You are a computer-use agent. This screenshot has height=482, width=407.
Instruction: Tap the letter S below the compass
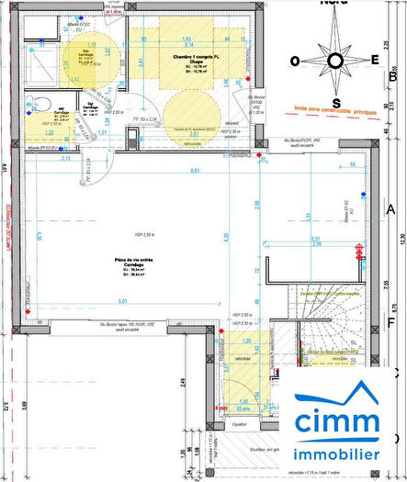[x=336, y=102]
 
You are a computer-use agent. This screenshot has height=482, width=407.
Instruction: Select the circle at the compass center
[x=336, y=62]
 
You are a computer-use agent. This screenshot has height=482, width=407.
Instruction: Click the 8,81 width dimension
[x=194, y=171]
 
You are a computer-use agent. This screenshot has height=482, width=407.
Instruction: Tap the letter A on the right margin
[x=390, y=210]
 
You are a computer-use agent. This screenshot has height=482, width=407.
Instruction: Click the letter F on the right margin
[x=390, y=321]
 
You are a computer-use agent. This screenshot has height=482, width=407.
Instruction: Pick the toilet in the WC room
[x=36, y=104]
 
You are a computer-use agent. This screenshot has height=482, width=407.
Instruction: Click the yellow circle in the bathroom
[x=88, y=56]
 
